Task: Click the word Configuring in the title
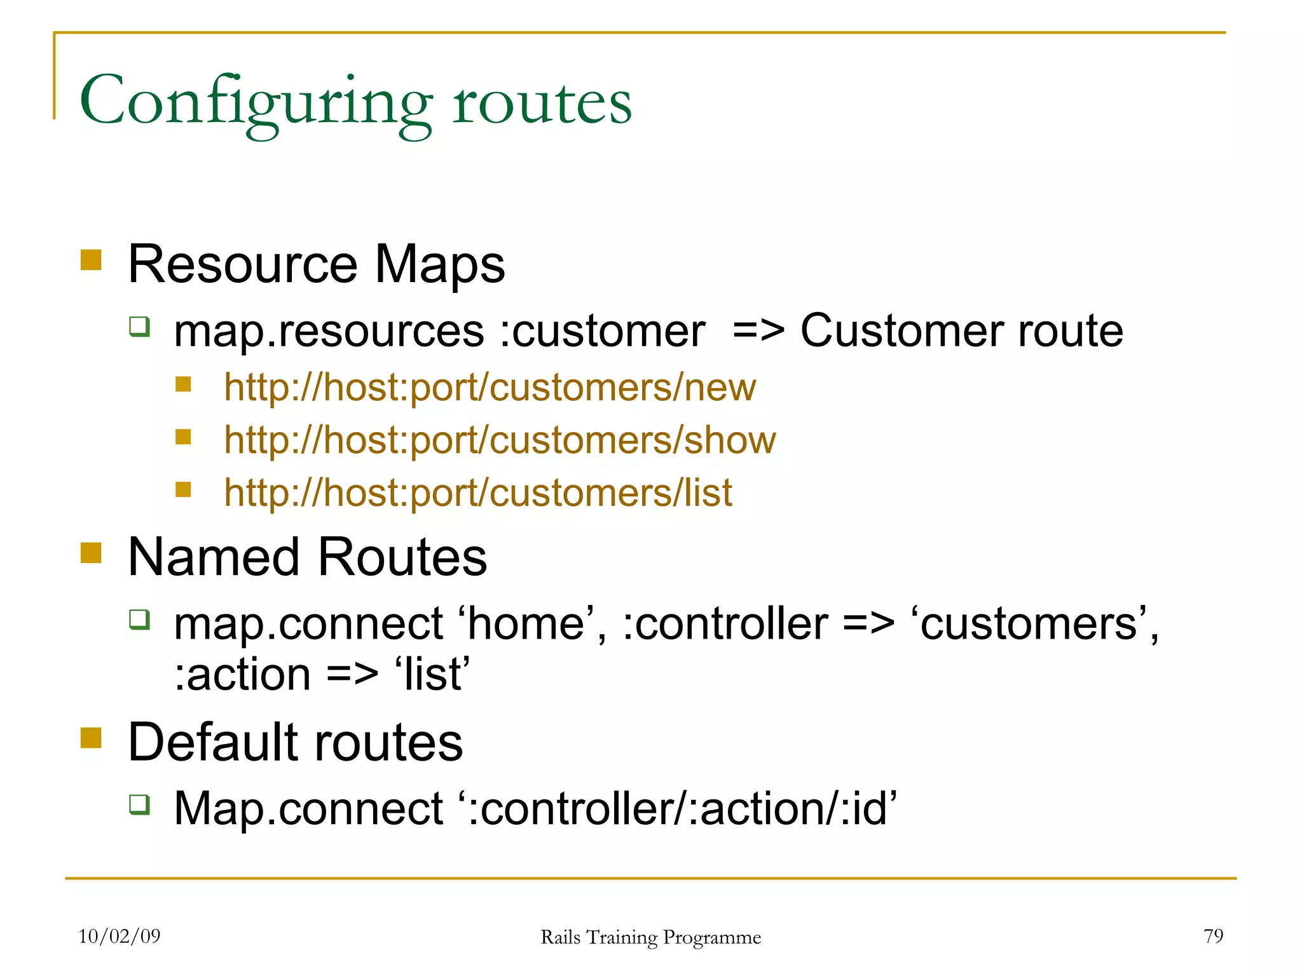pos(254,102)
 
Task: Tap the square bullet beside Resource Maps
pos(91,260)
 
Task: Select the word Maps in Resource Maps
pos(439,264)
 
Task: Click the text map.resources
pos(329,332)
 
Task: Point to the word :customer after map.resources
pos(601,332)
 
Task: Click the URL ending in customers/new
pos(490,387)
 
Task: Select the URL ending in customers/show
pos(500,440)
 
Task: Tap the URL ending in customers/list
pos(477,492)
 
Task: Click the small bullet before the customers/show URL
pos(183,437)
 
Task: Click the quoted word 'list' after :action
pos(432,675)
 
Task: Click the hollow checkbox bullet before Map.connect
pos(139,804)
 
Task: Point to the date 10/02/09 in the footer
pos(120,936)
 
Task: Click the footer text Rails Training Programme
pos(650,937)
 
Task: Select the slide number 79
pos(1213,936)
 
